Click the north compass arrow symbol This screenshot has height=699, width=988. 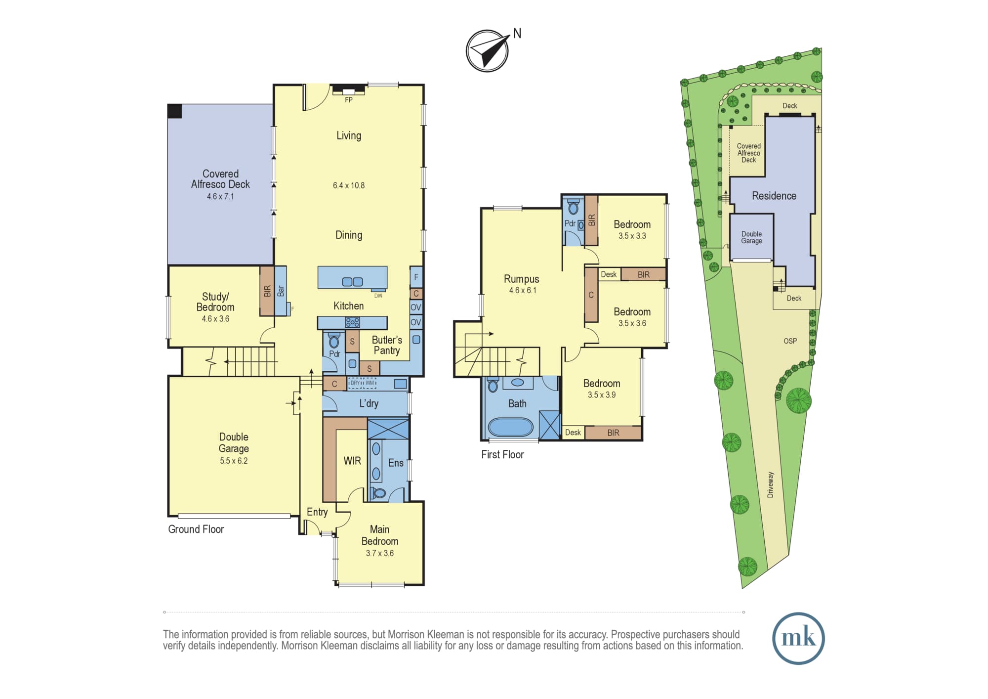[x=488, y=50]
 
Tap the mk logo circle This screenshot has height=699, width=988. [x=798, y=638]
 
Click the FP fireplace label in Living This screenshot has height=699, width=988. [x=349, y=100]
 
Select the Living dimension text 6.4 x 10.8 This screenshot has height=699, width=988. [x=349, y=185]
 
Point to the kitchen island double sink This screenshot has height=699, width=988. [x=352, y=282]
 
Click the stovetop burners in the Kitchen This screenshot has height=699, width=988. [x=353, y=323]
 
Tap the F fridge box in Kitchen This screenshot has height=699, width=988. [x=416, y=277]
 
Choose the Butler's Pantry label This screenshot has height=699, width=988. [x=387, y=345]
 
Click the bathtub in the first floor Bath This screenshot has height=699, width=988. [x=511, y=427]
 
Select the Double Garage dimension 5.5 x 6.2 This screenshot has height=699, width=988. [x=234, y=461]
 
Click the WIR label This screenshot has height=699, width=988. [x=352, y=461]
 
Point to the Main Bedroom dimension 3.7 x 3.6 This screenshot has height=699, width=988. [x=380, y=553]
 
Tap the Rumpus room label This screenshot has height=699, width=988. [x=522, y=279]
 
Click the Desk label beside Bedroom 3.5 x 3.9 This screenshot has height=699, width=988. [x=573, y=433]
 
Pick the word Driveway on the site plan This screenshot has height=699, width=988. [x=771, y=484]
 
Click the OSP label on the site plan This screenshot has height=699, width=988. [x=790, y=341]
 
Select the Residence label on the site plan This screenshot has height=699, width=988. [x=774, y=196]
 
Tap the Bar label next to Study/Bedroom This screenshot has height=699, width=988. [x=281, y=291]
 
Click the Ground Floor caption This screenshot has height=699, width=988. [x=196, y=529]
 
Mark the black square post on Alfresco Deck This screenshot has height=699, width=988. [x=175, y=111]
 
